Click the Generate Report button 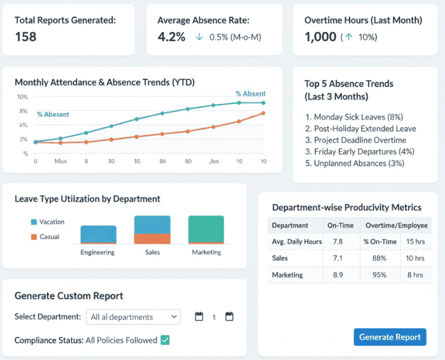click(390, 337)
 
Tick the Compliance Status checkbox click(165, 340)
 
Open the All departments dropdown click(133, 317)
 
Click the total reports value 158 click(26, 36)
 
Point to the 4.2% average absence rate click(172, 36)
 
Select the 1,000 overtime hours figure click(320, 36)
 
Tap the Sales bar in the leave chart click(152, 230)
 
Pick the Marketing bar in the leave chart click(206, 230)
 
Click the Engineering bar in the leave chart click(98, 235)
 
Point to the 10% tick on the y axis click(22, 97)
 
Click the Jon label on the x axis click(213, 161)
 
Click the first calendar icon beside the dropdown click(199, 316)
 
